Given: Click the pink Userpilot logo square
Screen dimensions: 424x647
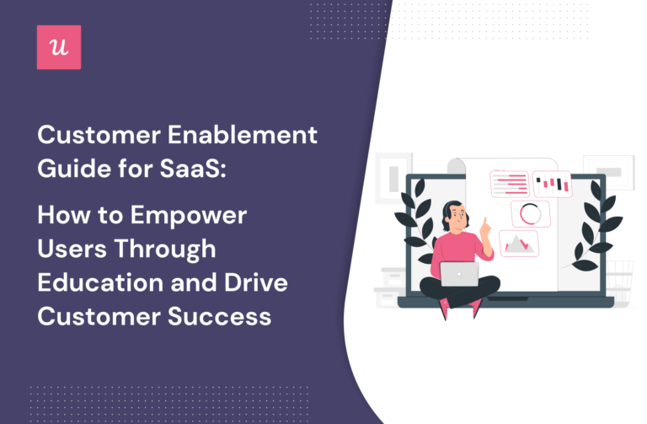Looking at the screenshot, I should click(60, 48).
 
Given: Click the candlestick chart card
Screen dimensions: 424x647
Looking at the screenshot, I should click(553, 183).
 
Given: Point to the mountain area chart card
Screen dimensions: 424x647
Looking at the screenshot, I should click(518, 244).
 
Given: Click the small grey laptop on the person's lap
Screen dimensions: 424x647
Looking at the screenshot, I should click(458, 272).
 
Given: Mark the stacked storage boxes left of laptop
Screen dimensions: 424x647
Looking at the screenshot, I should click(393, 283).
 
